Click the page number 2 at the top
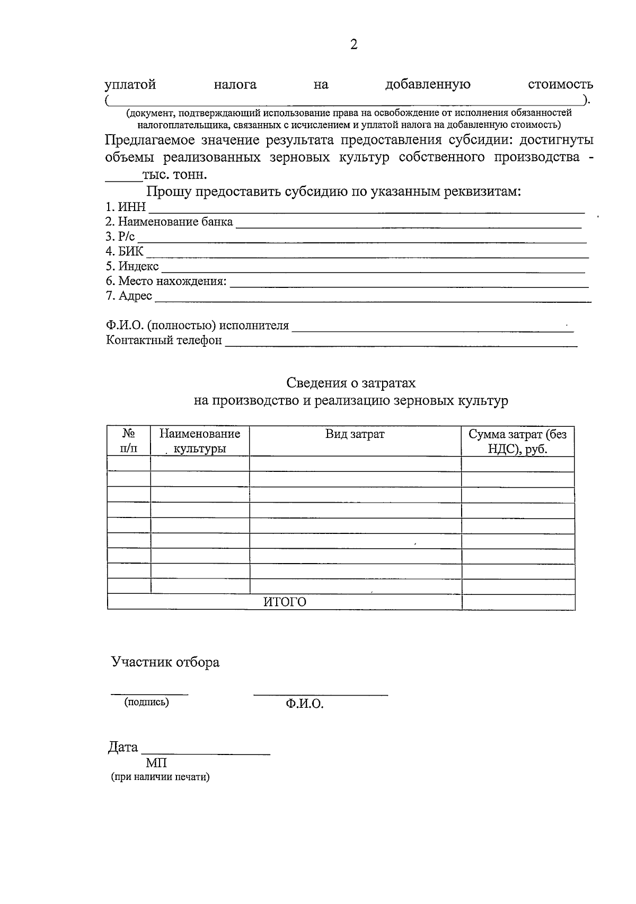coord(354,45)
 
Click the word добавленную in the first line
coord(428,84)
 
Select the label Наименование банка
coord(169,222)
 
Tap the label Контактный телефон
coord(164,340)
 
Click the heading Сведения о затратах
coord(351,383)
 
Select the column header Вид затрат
coord(355,434)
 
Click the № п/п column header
coord(128,441)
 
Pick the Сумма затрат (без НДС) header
coord(517,441)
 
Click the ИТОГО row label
coord(285,602)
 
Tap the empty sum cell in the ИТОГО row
coord(518,602)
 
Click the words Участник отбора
coord(165,662)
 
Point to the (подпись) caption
coord(146,703)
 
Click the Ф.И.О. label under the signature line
coord(304,704)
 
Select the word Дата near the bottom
coord(123,748)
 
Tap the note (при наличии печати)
coord(160,777)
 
